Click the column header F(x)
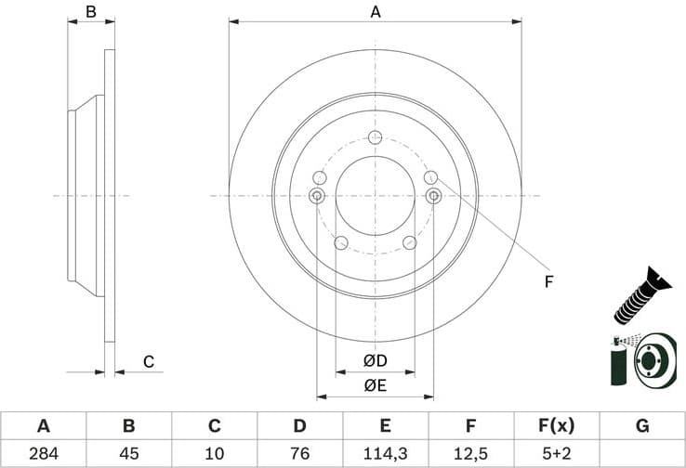coord(557,426)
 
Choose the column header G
coord(642,426)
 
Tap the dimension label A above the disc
coord(376,12)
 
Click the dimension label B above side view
coord(91,12)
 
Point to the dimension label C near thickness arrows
coord(148,362)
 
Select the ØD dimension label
coord(376,360)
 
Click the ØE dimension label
coord(376,383)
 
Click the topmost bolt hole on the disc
coord(375,138)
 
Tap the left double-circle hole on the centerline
coord(316,195)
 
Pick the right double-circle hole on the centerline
coord(433,195)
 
